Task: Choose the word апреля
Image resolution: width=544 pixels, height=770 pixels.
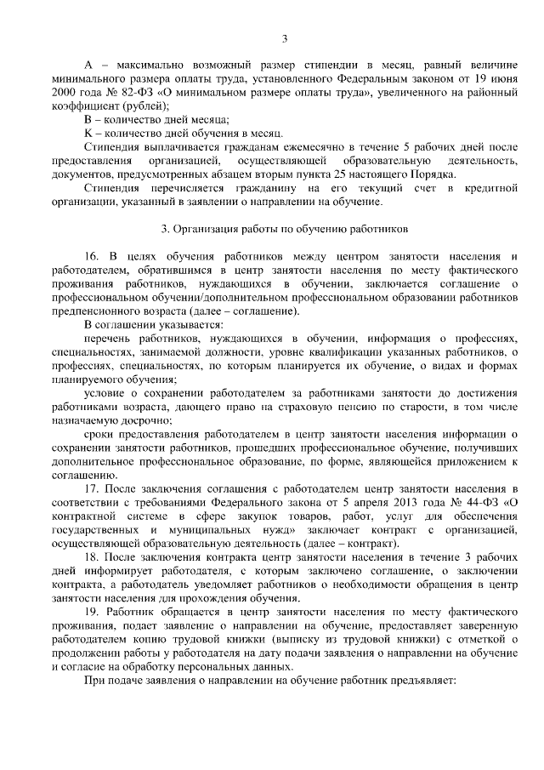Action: pyautogui.click(x=382, y=501)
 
